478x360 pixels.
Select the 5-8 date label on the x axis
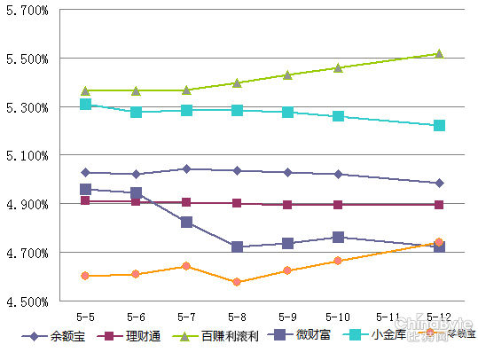pyautogui.click(x=237, y=316)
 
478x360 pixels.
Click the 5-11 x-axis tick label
pyautogui.click(x=388, y=316)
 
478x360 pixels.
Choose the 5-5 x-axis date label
pyautogui.click(x=86, y=316)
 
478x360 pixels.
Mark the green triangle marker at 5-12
pyautogui.click(x=438, y=53)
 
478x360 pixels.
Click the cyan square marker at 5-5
pyautogui.click(x=86, y=104)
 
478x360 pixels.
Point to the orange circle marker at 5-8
pyautogui.click(x=237, y=282)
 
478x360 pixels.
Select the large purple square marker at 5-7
pyautogui.click(x=186, y=222)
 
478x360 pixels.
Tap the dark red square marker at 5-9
pyautogui.click(x=287, y=204)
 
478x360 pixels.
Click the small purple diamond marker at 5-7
pyautogui.click(x=186, y=168)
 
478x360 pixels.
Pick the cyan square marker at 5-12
pyautogui.click(x=438, y=125)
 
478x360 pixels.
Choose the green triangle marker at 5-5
pyautogui.click(x=86, y=90)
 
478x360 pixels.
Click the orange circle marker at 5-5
pyautogui.click(x=86, y=276)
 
